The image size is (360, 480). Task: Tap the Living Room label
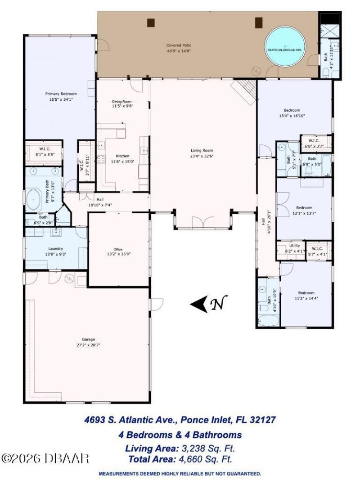(201, 151)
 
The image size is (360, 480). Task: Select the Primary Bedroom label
(59, 94)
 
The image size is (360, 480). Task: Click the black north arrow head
(198, 304)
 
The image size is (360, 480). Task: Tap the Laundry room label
(55, 248)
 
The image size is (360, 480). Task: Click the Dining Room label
(121, 102)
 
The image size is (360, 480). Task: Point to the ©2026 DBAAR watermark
(45, 458)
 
